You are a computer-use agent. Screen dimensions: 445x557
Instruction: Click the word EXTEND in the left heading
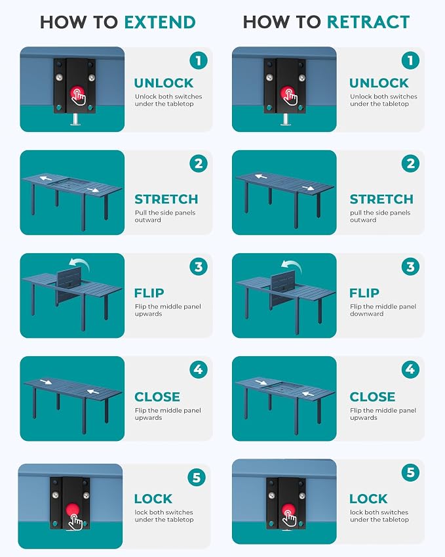point(160,22)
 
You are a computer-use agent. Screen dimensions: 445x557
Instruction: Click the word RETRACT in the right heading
point(368,22)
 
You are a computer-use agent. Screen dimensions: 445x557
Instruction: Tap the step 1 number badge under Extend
point(199,60)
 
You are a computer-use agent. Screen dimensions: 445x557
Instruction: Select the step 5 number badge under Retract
point(410,472)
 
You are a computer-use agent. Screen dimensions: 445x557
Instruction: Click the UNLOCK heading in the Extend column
point(164,83)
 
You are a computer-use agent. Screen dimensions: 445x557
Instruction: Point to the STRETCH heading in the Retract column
point(381,199)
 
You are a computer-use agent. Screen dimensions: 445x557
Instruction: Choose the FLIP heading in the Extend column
point(149,293)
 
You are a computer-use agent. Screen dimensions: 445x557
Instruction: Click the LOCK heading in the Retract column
point(368,499)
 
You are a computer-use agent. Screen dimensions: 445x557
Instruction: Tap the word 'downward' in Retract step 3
point(366,314)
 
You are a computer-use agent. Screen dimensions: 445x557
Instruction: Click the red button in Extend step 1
point(76,93)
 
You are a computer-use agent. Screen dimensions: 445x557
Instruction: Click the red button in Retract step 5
point(288,511)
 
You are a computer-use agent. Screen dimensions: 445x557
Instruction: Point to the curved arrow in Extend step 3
point(80,262)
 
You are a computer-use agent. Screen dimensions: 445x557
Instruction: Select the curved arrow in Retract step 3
point(292,264)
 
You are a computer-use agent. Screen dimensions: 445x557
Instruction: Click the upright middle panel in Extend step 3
point(69,284)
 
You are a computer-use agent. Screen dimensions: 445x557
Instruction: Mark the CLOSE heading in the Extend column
point(157,397)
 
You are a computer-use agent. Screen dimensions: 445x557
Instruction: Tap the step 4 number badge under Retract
point(410,369)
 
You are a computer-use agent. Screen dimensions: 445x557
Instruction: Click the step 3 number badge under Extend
point(199,266)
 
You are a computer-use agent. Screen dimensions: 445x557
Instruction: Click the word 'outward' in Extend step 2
point(147,220)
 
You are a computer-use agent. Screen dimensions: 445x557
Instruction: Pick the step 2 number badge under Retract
point(410,163)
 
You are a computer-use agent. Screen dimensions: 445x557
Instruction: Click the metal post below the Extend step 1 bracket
point(75,119)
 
